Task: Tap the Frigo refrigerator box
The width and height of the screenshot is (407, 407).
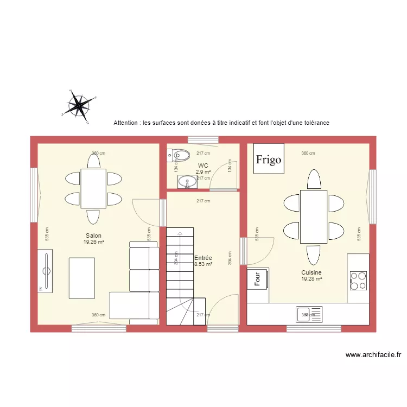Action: click(269, 158)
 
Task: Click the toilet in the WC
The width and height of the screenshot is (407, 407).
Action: click(180, 155)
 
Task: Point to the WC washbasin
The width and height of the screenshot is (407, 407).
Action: click(189, 182)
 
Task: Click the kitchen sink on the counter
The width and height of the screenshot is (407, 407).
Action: click(309, 314)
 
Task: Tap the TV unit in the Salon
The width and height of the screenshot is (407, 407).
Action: click(45, 271)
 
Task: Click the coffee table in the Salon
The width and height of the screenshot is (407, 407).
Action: click(81, 278)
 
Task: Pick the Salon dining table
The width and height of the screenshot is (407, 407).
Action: click(93, 188)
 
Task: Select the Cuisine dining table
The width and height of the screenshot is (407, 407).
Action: click(313, 217)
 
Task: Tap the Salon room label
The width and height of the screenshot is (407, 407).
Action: click(93, 236)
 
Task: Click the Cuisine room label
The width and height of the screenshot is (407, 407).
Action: click(311, 273)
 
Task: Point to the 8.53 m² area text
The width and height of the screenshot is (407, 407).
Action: click(203, 264)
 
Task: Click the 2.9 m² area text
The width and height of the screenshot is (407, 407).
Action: click(203, 171)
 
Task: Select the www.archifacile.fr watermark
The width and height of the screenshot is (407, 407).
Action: click(373, 355)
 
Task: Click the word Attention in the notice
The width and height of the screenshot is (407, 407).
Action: click(125, 123)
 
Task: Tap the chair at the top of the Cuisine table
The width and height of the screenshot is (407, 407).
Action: click(313, 179)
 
